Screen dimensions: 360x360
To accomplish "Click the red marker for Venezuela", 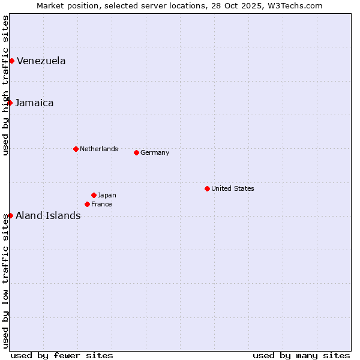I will pyautogui.click(x=11, y=61).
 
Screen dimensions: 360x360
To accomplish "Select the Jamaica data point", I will pyautogui.click(x=10, y=103).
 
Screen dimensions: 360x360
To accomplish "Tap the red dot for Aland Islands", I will pyautogui.click(x=10, y=215).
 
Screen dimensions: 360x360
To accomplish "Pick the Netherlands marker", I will pyautogui.click(x=76, y=149).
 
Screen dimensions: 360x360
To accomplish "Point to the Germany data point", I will pyautogui.click(x=136, y=152).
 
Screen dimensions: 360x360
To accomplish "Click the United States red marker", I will pyautogui.click(x=207, y=188).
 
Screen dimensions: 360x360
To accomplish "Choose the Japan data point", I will pyautogui.click(x=94, y=195).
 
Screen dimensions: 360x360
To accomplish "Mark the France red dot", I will pyautogui.click(x=87, y=204).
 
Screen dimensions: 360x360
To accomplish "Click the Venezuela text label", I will pyautogui.click(x=41, y=61).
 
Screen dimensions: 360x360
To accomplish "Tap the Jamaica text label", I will pyautogui.click(x=34, y=103).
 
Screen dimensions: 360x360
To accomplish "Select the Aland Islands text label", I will pyautogui.click(x=48, y=215).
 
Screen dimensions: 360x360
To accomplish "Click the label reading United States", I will pyautogui.click(x=232, y=188).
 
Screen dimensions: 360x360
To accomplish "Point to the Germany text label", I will pyautogui.click(x=155, y=152).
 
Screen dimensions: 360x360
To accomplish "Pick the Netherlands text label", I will pyautogui.click(x=98, y=149).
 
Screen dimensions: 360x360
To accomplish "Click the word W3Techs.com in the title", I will pyautogui.click(x=295, y=5).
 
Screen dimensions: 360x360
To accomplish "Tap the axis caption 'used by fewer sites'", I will pyautogui.click(x=62, y=355).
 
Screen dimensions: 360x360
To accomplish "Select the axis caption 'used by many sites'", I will pyautogui.click(x=301, y=355).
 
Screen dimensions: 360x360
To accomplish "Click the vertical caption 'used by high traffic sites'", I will pyautogui.click(x=5, y=85).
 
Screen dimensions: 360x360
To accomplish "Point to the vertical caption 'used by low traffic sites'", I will pyautogui.click(x=5, y=280).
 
